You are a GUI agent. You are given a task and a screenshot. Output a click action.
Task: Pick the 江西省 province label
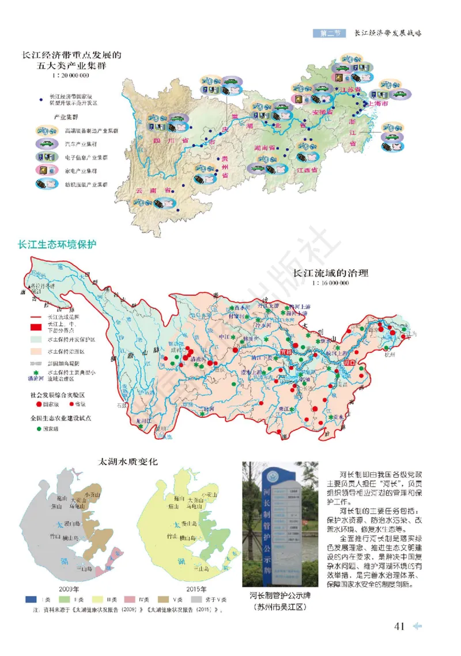[307, 171]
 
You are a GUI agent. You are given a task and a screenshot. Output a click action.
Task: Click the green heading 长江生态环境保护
[57, 244]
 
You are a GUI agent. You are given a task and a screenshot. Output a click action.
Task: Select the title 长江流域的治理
[331, 274]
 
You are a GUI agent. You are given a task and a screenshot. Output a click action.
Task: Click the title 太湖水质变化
[126, 463]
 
